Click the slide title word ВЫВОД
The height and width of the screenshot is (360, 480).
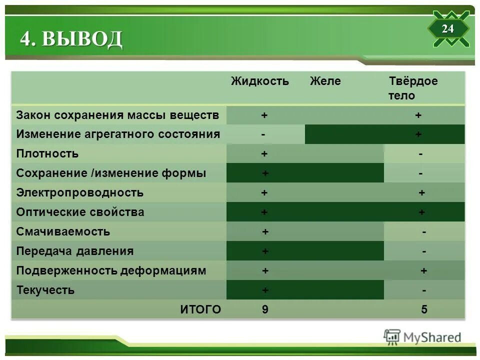pos(82,39)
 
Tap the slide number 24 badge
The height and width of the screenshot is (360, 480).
pos(447,29)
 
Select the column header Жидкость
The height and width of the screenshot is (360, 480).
pos(259,81)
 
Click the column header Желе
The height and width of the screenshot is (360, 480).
pos(325,81)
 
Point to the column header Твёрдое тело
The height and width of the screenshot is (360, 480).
pos(412,88)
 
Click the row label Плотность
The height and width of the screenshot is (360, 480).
pos(47,153)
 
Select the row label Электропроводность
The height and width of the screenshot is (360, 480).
pos(80,192)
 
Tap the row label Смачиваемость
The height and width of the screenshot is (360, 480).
pos(63,231)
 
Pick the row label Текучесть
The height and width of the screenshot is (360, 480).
pos(45,290)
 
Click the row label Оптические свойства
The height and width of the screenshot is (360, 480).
pos(80,212)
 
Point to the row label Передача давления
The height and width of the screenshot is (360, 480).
pos(75,251)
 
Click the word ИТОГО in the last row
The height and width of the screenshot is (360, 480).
pos(200,309)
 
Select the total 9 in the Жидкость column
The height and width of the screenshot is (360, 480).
pos(265,309)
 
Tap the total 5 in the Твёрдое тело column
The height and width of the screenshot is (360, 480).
pos(424,309)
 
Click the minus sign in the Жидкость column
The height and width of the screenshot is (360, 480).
pos(263,134)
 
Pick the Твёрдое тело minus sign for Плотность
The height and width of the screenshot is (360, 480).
pos(420,154)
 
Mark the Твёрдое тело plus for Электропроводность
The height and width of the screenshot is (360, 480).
pos(421,193)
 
